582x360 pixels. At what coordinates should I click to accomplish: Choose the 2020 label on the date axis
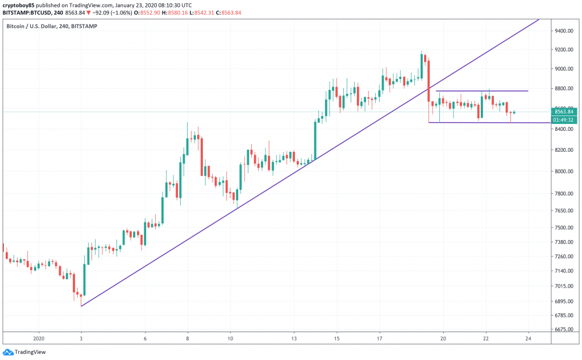pyautogui.click(x=39, y=337)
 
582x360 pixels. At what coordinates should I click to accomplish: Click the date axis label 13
pyautogui.click(x=294, y=337)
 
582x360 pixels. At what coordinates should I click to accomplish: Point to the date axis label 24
pyautogui.click(x=529, y=337)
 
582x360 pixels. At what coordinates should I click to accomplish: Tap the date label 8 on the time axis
pyautogui.click(x=188, y=337)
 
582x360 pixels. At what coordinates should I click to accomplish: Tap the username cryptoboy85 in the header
pyautogui.click(x=19, y=5)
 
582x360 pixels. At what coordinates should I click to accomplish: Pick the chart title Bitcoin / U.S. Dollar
pyautogui.click(x=32, y=26)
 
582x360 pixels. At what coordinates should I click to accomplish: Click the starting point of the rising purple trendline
pyautogui.click(x=81, y=306)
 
